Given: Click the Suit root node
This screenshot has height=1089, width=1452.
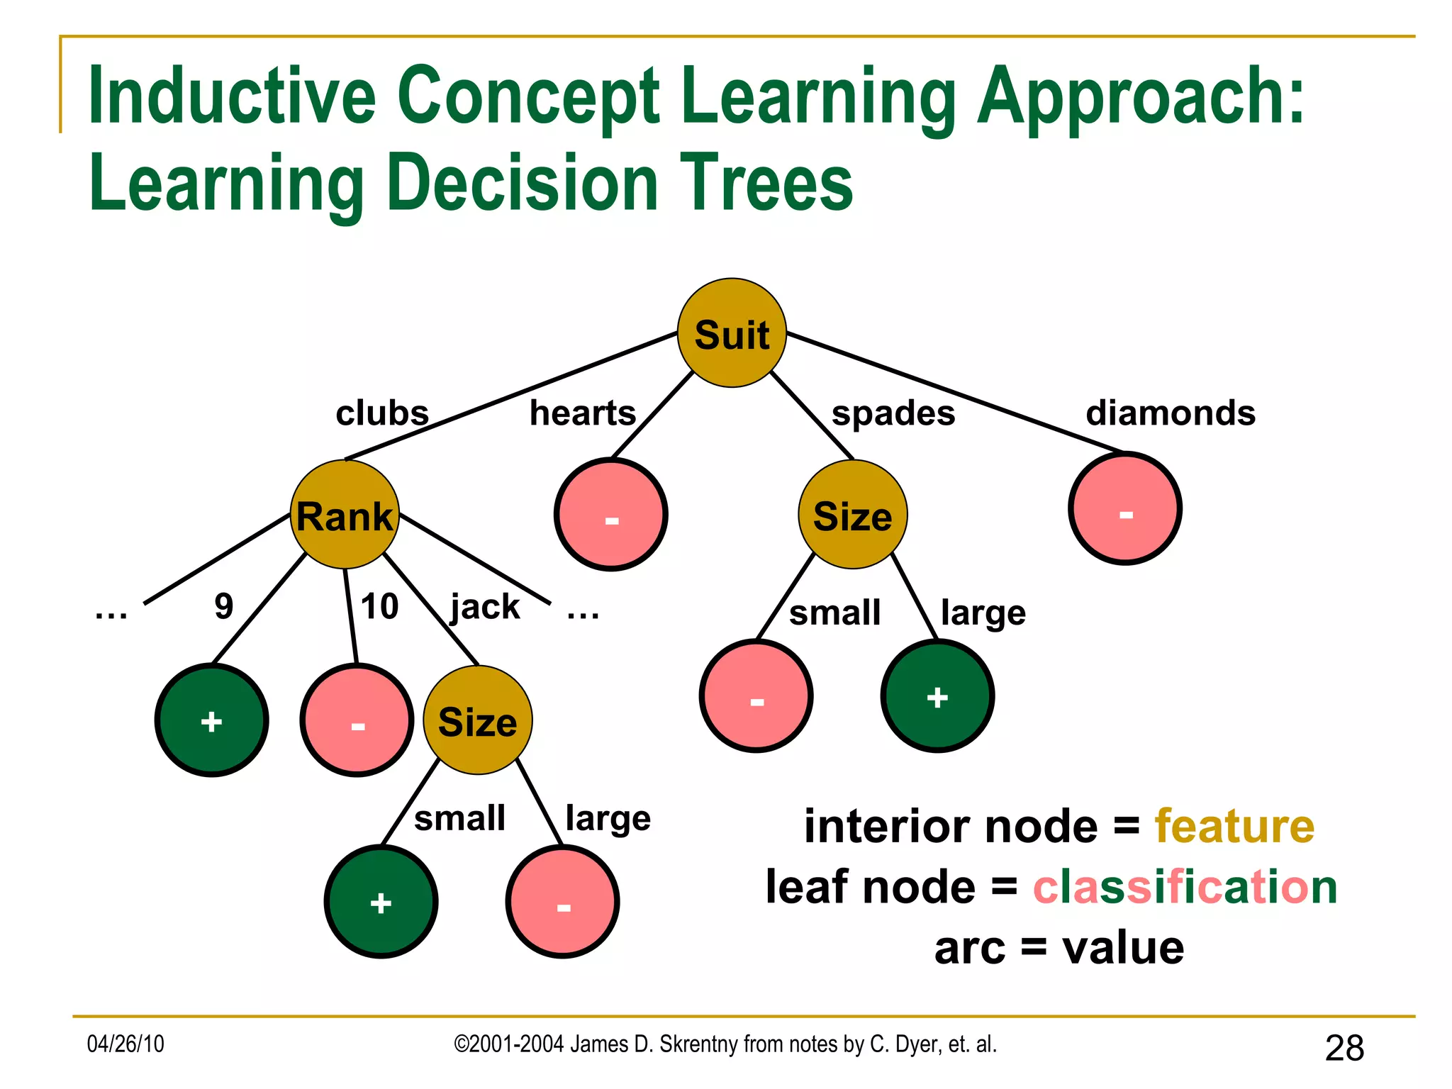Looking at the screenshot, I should point(732,333).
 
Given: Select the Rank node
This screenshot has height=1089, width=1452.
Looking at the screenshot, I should point(345,515).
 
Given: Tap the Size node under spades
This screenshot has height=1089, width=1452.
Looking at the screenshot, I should point(852,515).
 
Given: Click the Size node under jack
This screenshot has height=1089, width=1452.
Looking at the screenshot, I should point(477,720).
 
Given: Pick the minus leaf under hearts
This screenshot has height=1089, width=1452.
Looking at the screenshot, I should point(611,515).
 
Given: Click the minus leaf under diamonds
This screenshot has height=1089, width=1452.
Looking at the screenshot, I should point(1125,508).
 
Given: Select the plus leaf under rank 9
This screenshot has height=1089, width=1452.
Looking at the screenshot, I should point(211,720).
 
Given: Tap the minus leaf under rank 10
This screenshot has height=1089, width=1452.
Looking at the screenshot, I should point(357,720).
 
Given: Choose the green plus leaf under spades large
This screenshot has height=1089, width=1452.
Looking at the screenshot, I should point(937,696).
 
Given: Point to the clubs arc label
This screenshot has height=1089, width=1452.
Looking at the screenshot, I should point(382,413).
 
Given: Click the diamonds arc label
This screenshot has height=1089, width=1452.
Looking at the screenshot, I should point(1171,413).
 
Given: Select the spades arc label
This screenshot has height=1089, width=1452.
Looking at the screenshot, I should point(893,413).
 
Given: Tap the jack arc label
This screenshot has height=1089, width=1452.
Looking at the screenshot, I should point(485,607).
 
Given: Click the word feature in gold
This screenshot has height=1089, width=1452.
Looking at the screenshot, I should point(1234,827).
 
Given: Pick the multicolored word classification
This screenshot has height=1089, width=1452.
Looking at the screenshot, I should point(1185,887).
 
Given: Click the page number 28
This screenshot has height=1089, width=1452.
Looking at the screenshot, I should point(1344,1048).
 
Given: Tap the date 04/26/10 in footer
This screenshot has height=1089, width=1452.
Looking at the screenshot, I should point(125,1044).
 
